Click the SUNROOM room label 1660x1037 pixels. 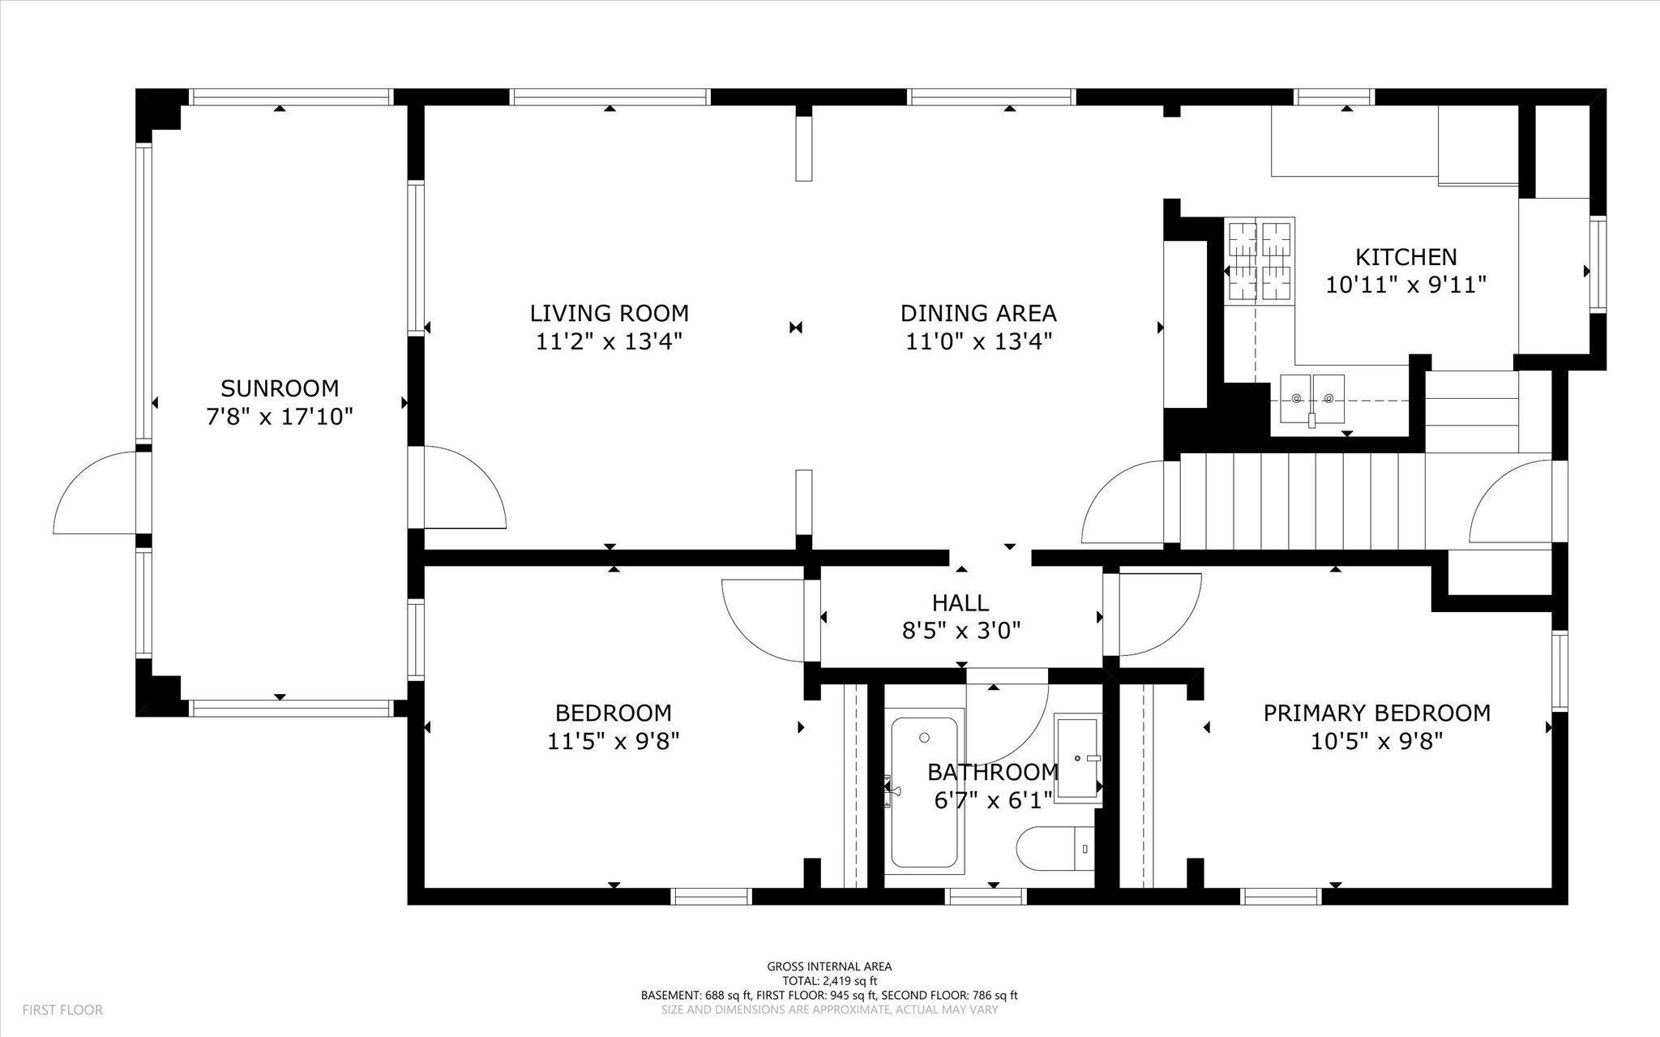[x=280, y=388]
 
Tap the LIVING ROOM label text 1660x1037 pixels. [x=610, y=313]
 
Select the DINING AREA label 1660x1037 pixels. [x=978, y=313]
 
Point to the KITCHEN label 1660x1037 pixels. [x=1406, y=257]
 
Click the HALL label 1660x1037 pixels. [x=960, y=602]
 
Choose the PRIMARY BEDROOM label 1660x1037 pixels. [x=1377, y=713]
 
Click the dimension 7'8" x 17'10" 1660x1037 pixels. [x=280, y=417]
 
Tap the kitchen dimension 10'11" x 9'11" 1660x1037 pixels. [x=1406, y=285]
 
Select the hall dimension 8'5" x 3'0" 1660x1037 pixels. [x=960, y=631]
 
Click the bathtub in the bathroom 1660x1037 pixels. [x=924, y=792]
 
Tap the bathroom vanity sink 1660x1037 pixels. [x=1078, y=758]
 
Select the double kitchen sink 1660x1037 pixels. [x=1312, y=400]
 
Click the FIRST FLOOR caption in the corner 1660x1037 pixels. [x=62, y=1010]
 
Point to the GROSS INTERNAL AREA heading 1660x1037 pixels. [x=829, y=966]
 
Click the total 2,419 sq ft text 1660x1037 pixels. [x=829, y=980]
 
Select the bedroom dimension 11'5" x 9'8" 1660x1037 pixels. [x=613, y=741]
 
